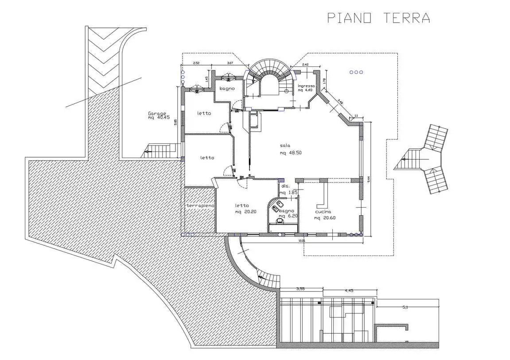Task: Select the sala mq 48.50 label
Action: tap(291, 149)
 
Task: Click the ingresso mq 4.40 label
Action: tap(306, 88)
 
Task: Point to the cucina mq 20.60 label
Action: tap(323, 215)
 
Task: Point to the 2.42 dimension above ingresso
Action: tap(305, 65)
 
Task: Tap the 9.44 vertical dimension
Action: tap(368, 179)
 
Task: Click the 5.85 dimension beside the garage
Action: tap(176, 122)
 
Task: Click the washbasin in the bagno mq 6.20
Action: tap(280, 220)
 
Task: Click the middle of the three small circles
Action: tap(356, 72)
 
